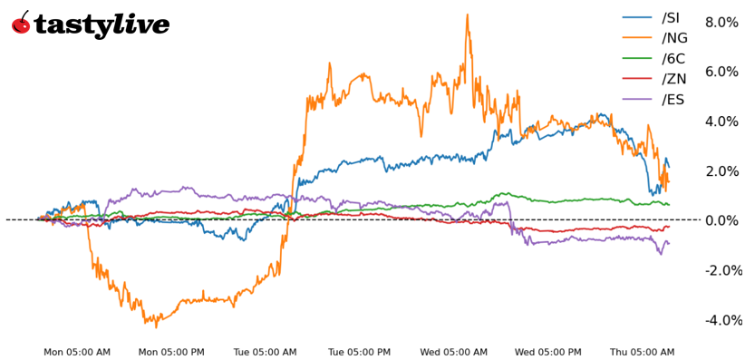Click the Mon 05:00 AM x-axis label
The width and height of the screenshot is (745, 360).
click(x=77, y=352)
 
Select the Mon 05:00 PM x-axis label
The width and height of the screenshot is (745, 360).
click(x=171, y=352)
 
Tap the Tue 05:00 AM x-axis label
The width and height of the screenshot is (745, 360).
click(x=266, y=352)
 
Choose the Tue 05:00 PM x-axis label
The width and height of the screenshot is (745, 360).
click(x=360, y=352)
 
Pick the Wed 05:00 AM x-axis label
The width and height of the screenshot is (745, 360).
click(x=454, y=352)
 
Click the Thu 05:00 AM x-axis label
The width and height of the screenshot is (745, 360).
click(x=643, y=352)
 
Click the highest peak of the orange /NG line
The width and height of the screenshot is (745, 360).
click(x=467, y=15)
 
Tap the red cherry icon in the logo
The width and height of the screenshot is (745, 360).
click(x=21, y=24)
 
